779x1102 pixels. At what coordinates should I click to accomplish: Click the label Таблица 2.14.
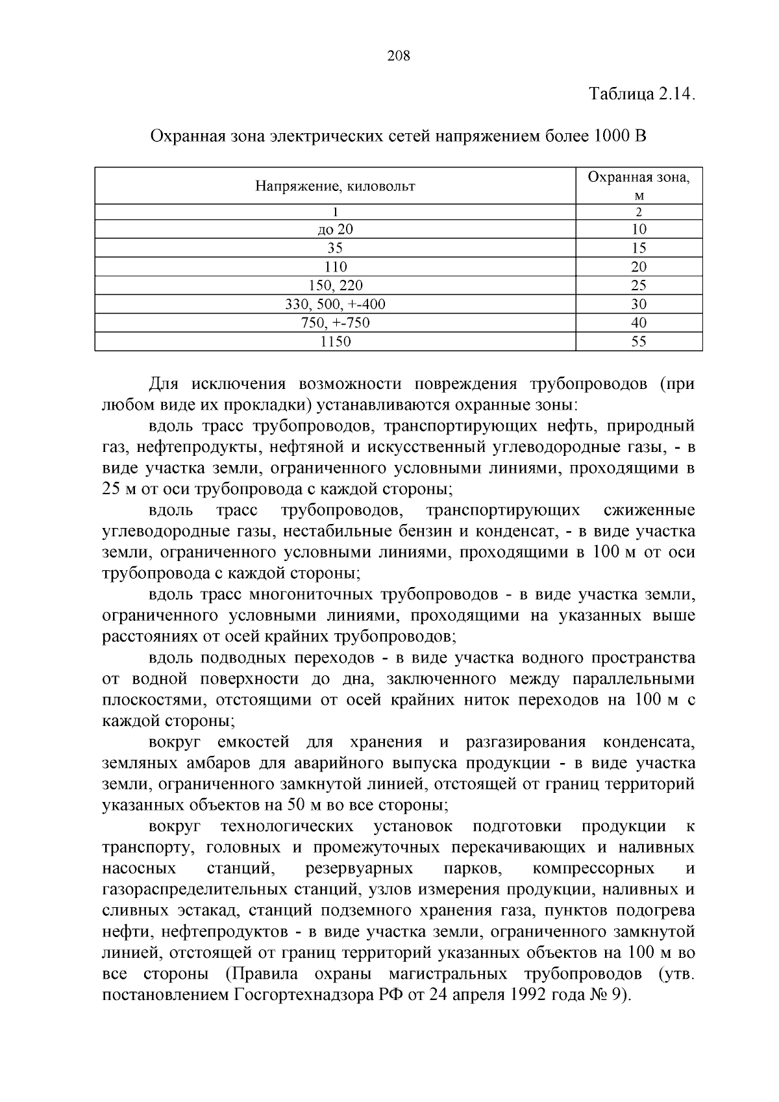tap(641, 94)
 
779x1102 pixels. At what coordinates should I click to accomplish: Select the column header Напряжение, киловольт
tap(335, 187)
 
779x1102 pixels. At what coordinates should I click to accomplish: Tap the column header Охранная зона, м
tap(639, 186)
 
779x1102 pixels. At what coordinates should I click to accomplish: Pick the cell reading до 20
tap(336, 229)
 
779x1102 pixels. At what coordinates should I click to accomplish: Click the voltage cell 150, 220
tap(336, 286)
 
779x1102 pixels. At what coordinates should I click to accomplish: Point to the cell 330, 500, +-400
tap(336, 305)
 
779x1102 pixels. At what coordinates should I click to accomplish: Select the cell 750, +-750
tap(336, 323)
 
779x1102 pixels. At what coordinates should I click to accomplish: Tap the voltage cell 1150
tap(336, 342)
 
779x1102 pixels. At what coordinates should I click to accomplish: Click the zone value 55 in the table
tap(639, 342)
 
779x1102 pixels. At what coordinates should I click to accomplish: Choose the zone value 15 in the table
tap(639, 248)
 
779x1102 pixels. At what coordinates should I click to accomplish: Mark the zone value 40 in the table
tap(639, 323)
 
